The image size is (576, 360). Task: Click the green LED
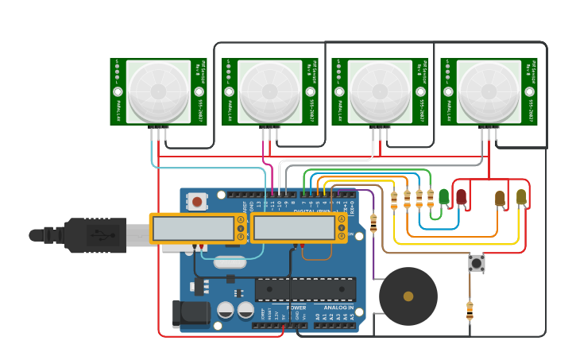tap(443, 195)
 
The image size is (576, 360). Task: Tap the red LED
tap(461, 195)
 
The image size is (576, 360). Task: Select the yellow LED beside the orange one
tap(521, 196)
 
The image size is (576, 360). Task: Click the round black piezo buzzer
tap(408, 296)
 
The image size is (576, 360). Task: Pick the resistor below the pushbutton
tap(470, 309)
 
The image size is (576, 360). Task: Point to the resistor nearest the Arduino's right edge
tap(373, 223)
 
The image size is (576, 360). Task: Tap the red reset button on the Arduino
tap(198, 202)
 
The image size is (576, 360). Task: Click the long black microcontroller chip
tap(305, 289)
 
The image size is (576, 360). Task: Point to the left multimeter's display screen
tap(192, 228)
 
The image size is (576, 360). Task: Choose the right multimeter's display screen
tap(293, 227)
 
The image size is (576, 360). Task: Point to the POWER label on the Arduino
tap(296, 308)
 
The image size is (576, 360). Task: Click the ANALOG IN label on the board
tap(334, 308)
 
